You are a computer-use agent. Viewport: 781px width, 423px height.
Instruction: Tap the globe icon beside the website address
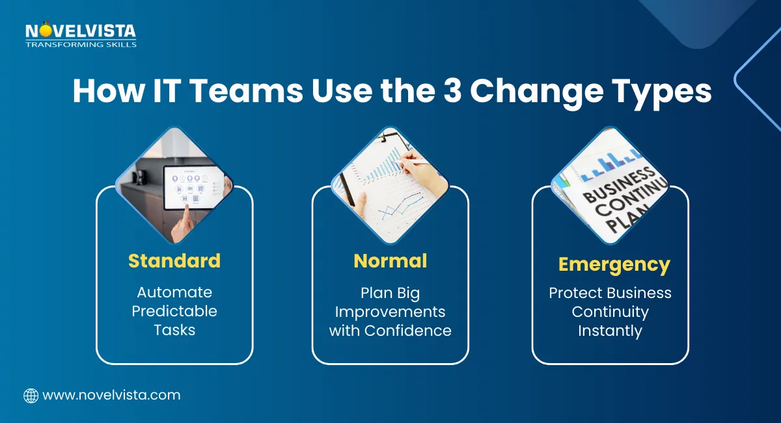(x=31, y=395)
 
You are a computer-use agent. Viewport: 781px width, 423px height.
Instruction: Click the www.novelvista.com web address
(x=111, y=395)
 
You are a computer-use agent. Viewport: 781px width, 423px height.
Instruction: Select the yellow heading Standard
(x=174, y=261)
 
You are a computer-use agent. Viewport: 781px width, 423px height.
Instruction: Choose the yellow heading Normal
(x=390, y=261)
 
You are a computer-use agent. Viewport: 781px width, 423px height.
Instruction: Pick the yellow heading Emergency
(x=614, y=265)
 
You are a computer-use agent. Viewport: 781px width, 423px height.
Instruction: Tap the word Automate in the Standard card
(x=174, y=292)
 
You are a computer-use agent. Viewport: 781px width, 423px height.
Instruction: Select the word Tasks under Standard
(x=174, y=330)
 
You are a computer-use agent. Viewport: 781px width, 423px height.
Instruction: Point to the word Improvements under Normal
(x=390, y=311)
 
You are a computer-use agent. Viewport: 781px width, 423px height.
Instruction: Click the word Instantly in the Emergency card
(x=610, y=331)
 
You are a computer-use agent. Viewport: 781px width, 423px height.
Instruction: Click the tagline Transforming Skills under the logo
(x=81, y=44)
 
